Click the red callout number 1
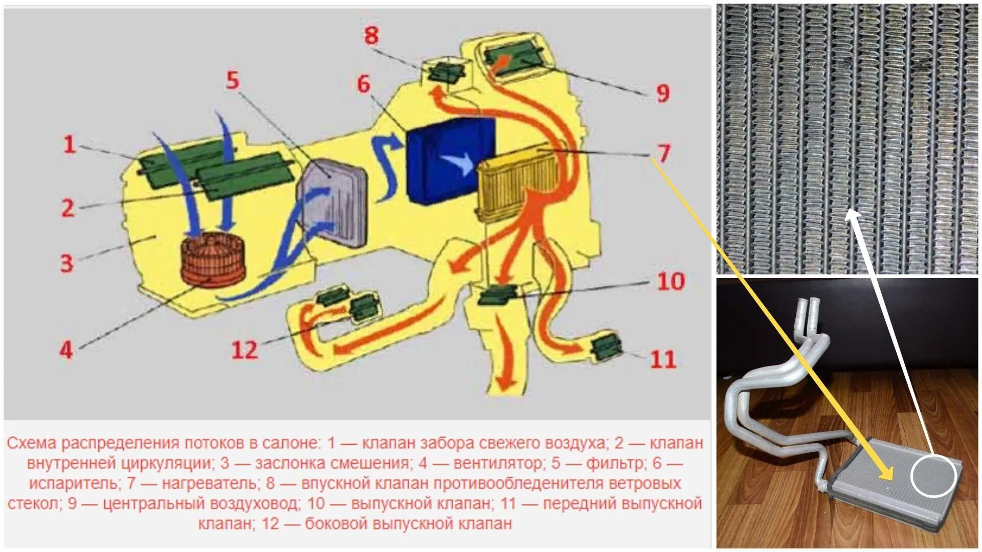[70, 145]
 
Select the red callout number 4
[66, 351]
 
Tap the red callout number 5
[233, 80]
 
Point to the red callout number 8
[371, 35]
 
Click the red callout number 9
[663, 93]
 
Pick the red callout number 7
[663, 153]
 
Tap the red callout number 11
[663, 359]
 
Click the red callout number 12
[244, 350]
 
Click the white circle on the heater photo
[933, 476]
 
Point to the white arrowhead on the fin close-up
[852, 215]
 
